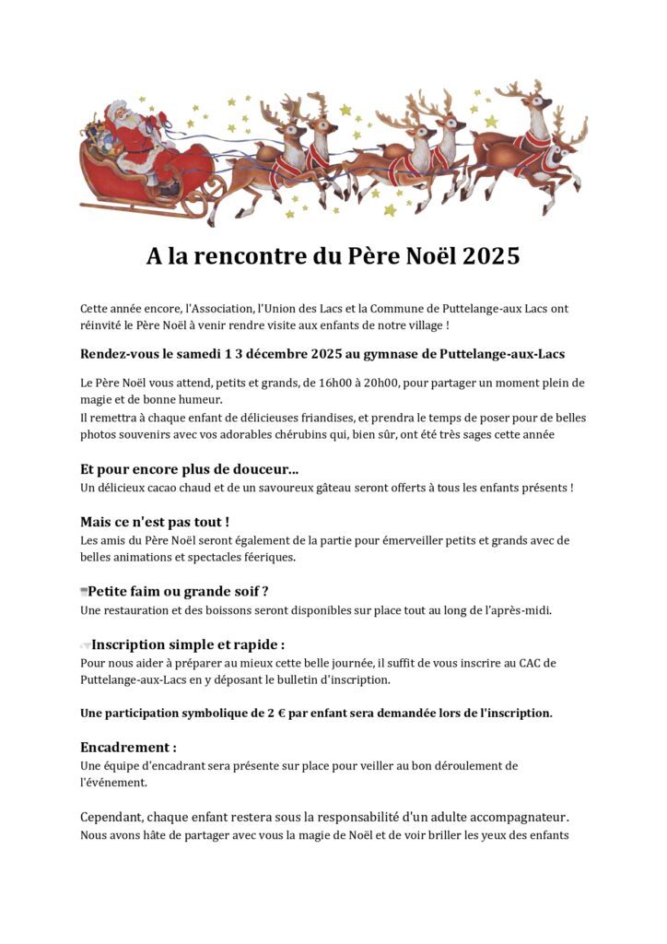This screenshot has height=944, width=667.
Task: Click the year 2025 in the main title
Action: tap(491, 256)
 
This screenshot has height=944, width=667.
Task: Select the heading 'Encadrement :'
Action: tap(128, 747)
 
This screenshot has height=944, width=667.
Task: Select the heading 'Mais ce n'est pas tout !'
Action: tap(155, 522)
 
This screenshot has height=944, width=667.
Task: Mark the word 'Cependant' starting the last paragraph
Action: tap(117, 819)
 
